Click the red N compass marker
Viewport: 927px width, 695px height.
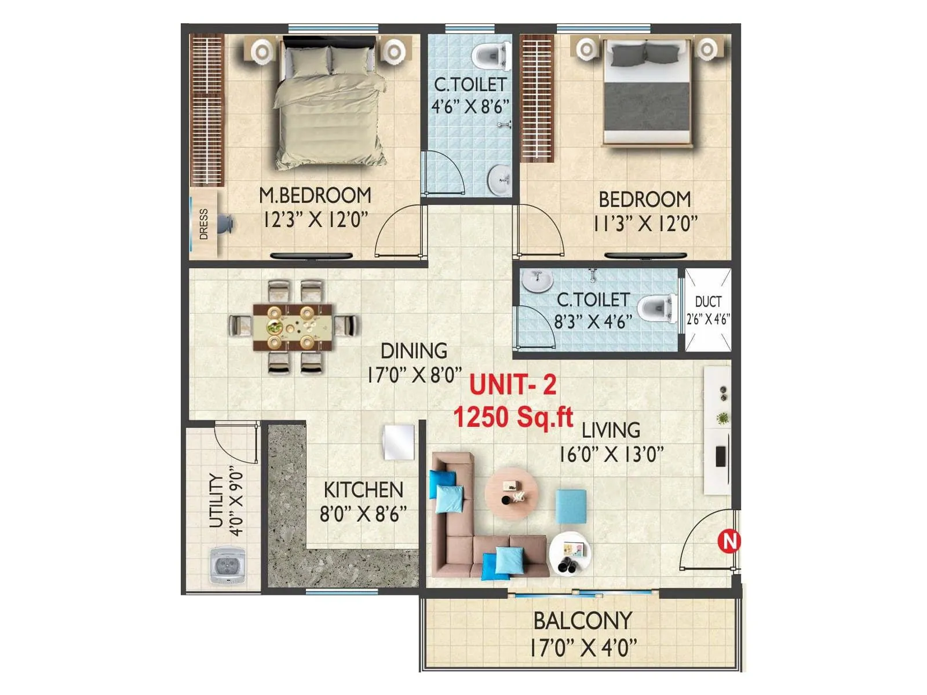(x=729, y=542)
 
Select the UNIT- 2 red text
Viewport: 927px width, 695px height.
(x=513, y=385)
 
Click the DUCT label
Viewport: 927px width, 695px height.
(x=708, y=302)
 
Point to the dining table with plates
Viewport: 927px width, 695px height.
(x=293, y=327)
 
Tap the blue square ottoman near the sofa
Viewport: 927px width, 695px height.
(x=571, y=506)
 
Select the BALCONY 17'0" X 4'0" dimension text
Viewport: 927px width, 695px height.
(x=583, y=647)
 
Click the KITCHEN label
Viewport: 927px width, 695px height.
(x=363, y=490)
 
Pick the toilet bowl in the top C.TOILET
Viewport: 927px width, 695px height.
(x=488, y=56)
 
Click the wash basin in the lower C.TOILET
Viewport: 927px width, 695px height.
(x=537, y=280)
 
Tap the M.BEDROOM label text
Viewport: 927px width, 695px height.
(x=315, y=196)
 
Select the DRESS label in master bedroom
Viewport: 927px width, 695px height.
(x=203, y=224)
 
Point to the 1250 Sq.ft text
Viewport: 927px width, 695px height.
(x=513, y=416)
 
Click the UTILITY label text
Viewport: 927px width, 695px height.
(x=216, y=501)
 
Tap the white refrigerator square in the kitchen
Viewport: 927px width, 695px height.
(x=399, y=442)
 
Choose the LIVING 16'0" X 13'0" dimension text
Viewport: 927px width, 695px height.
(x=611, y=454)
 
